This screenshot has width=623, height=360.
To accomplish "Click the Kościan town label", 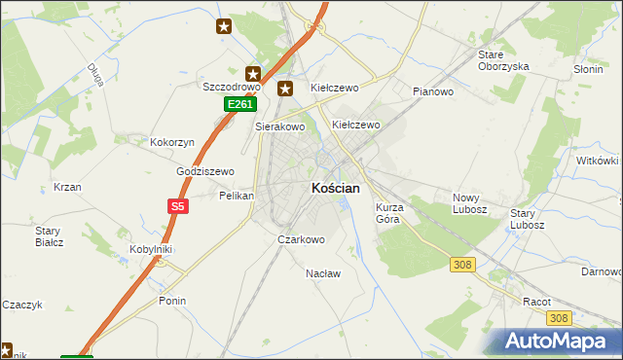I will coord(336,188).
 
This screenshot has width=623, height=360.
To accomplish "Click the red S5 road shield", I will coord(177,206).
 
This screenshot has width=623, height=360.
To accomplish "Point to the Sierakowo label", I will coord(280,126).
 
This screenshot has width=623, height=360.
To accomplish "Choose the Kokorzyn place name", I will coord(172,142).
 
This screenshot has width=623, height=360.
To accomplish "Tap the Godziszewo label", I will coord(205,171).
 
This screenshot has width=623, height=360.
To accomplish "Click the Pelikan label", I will coord(237,196).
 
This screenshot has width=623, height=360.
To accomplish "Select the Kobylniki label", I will coord(151,249).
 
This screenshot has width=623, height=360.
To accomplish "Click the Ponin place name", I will coord(172,301).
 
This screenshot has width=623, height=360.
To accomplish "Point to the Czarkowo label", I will coord(301,238).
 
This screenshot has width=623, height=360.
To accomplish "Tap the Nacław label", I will coord(323,273).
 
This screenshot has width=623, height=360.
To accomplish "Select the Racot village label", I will coord(536,302).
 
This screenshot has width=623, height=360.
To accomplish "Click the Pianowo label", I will coord(433,92).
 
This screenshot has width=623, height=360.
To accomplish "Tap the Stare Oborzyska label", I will coord(503,60).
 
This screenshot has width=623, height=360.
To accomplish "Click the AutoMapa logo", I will coord(558,342).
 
